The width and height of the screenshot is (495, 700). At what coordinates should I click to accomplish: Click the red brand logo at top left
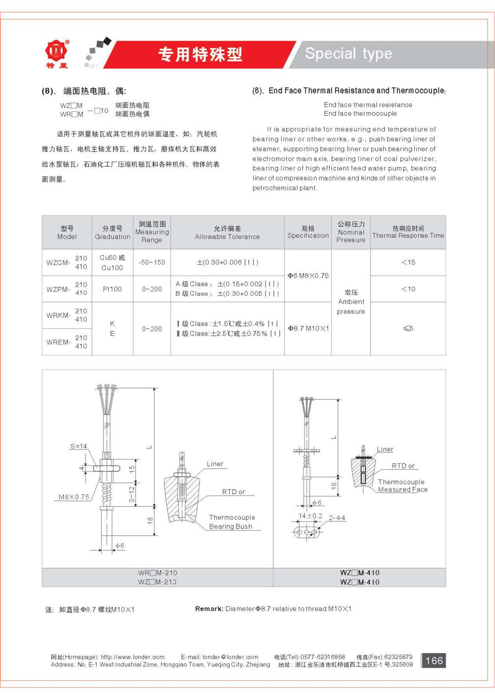(56, 52)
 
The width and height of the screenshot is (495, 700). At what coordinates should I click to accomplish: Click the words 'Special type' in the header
(348, 53)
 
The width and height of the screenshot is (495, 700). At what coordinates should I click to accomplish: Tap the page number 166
(434, 660)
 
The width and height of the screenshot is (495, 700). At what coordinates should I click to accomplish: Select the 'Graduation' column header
(112, 236)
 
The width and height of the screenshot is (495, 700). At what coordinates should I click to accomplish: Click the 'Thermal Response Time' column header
(408, 236)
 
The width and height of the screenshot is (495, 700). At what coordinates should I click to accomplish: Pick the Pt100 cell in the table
(112, 289)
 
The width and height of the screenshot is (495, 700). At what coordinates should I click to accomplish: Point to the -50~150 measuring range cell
(152, 262)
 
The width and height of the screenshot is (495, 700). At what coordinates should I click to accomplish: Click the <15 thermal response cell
(408, 262)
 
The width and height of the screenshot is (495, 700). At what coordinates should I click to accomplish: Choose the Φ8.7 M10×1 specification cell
(308, 328)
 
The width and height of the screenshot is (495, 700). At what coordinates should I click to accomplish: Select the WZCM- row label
(58, 263)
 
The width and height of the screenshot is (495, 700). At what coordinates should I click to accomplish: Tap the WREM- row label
(58, 342)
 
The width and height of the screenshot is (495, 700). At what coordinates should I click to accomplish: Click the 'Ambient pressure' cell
(350, 302)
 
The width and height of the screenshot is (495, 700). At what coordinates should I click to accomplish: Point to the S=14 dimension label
(78, 446)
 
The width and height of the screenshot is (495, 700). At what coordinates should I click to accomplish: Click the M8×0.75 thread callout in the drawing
(74, 497)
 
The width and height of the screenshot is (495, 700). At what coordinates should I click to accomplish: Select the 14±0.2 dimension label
(310, 516)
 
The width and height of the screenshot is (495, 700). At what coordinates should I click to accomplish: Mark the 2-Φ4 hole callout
(337, 518)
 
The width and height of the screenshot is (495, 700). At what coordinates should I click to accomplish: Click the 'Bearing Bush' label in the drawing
(231, 526)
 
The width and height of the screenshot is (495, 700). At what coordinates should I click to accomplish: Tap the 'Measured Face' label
(402, 490)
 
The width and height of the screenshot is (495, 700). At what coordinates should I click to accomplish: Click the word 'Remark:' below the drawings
(209, 609)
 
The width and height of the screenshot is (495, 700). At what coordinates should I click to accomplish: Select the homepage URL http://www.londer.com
(133, 657)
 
